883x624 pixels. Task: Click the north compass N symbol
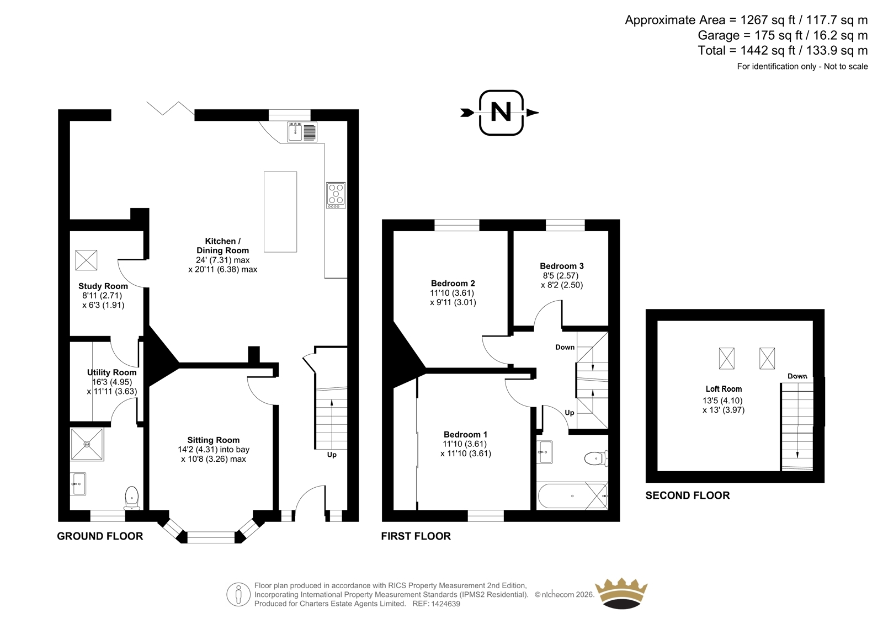tap(501, 113)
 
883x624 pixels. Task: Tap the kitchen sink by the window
tap(302, 132)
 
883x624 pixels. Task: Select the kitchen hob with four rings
tap(336, 195)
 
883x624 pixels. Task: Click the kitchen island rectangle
tap(280, 212)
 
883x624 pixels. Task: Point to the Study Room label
tap(103, 286)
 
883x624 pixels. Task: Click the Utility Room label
tap(111, 372)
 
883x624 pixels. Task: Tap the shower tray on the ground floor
tap(87, 444)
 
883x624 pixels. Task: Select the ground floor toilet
tap(132, 498)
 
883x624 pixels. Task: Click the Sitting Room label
tap(213, 440)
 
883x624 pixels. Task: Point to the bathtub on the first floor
tap(572, 496)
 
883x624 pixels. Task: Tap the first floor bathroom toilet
tap(596, 458)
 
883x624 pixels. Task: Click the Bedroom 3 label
tap(562, 266)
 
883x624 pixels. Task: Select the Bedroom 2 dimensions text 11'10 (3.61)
tap(452, 293)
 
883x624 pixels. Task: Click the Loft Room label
tap(724, 388)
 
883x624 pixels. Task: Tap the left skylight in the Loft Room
tap(726, 358)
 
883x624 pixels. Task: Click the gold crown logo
tap(621, 593)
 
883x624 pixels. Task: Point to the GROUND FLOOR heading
tap(100, 536)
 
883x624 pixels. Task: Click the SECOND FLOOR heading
tap(688, 495)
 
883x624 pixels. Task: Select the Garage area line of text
tap(783, 35)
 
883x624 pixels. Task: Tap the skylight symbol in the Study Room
tap(86, 260)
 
